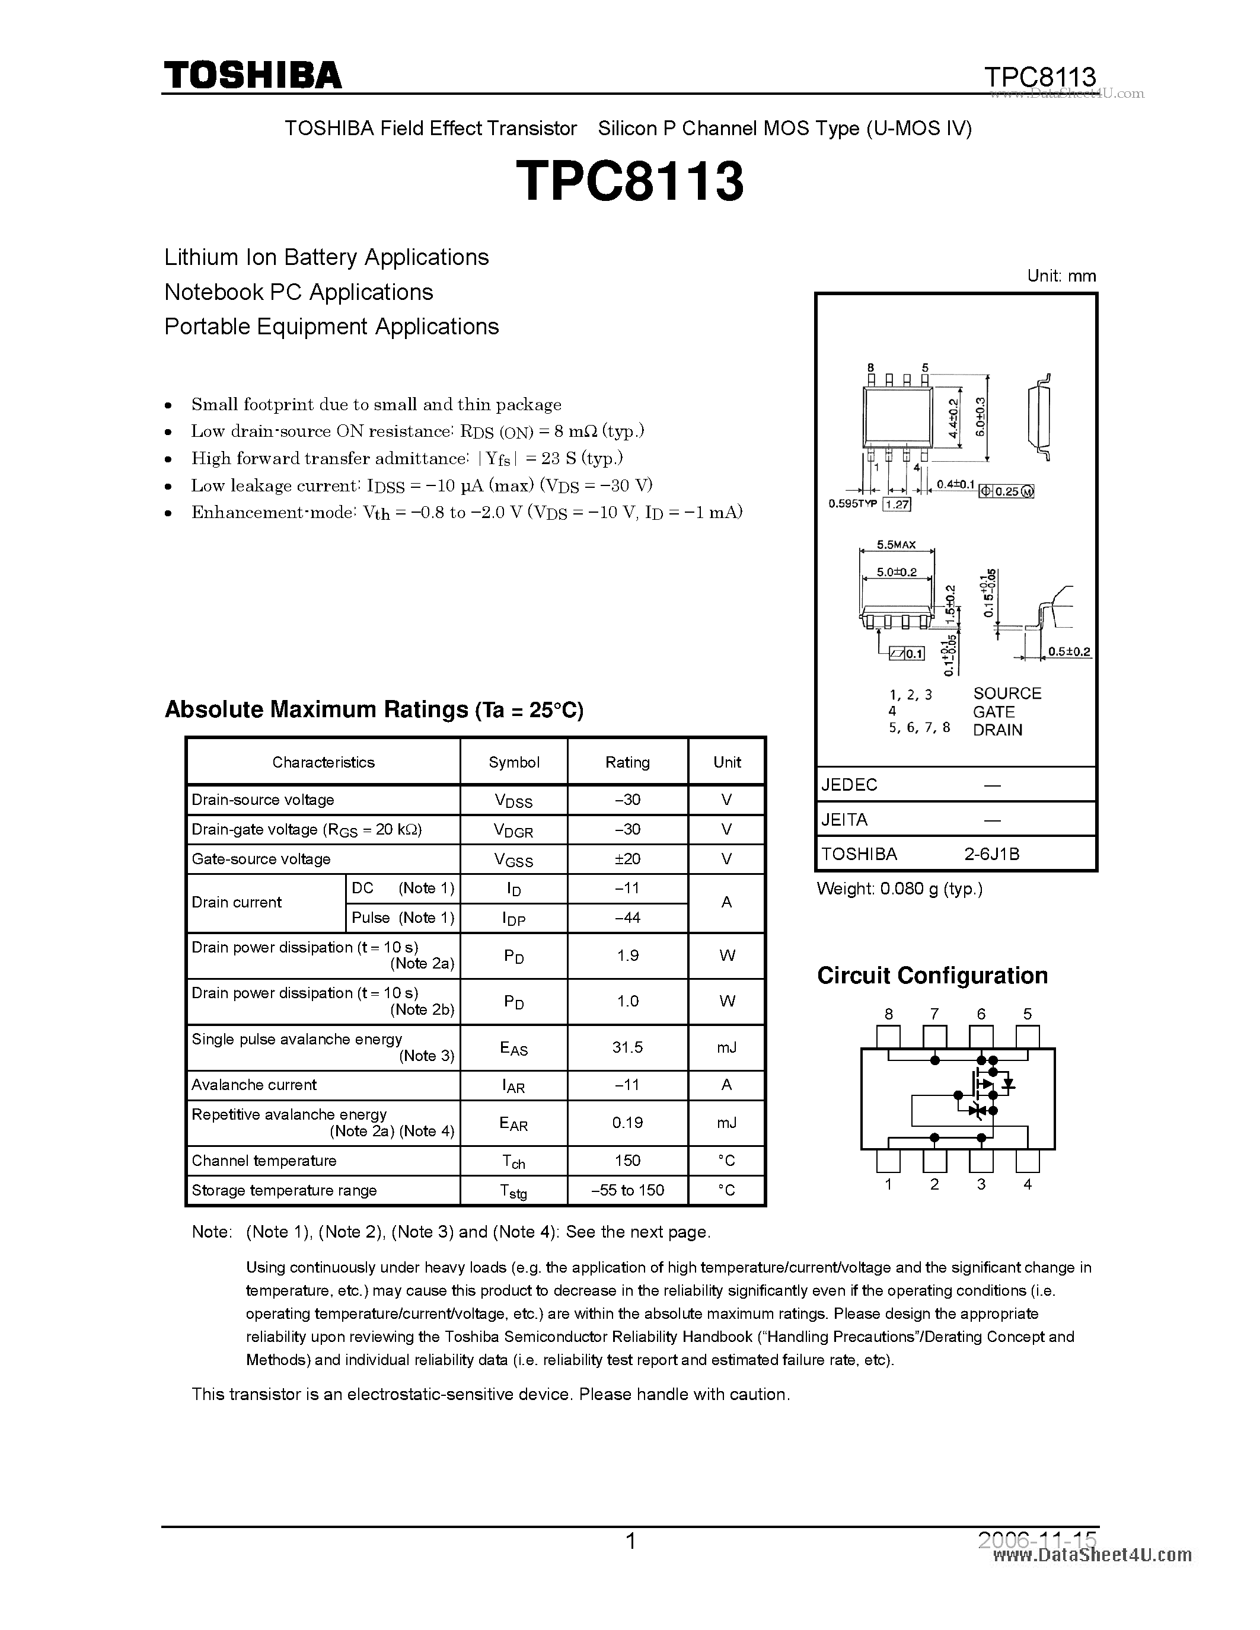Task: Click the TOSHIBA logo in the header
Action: tap(253, 75)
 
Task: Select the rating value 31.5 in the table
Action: tap(627, 1047)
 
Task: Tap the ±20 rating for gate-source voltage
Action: tap(627, 859)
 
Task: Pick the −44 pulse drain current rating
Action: tap(627, 918)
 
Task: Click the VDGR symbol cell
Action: tap(513, 830)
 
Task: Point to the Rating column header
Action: tap(627, 762)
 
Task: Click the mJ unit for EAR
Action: tap(726, 1123)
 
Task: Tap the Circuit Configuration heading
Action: tap(932, 976)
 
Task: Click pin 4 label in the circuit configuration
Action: tap(1027, 1184)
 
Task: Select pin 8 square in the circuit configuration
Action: tap(888, 1037)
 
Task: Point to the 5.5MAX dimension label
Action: tap(896, 545)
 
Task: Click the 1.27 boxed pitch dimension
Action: tap(897, 504)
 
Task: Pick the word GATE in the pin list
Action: tap(994, 712)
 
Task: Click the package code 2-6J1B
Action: tap(991, 854)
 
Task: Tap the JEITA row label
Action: tap(844, 820)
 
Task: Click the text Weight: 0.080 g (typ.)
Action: tap(899, 889)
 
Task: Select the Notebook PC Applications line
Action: tap(299, 292)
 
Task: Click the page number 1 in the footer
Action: tap(631, 1541)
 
